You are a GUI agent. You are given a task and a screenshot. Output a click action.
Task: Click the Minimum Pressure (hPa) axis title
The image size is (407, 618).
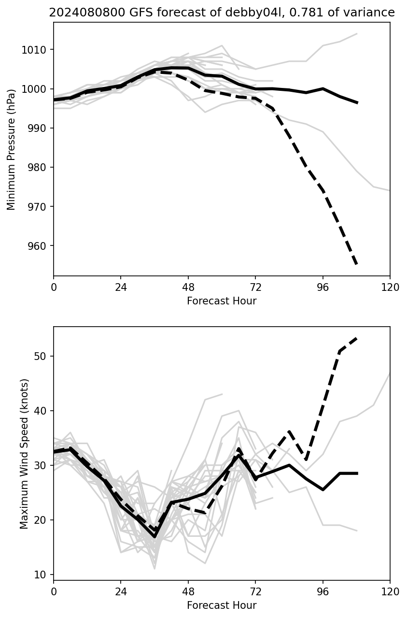pos(11,149)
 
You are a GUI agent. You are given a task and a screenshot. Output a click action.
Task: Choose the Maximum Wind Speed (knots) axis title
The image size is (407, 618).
pos(25,454)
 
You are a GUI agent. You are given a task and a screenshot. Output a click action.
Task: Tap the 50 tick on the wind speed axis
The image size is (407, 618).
pos(42,356)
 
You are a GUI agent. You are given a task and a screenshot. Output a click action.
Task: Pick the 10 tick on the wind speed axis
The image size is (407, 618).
pos(42,575)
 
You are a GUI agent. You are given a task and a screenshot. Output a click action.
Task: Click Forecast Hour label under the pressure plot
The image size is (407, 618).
pos(222,301)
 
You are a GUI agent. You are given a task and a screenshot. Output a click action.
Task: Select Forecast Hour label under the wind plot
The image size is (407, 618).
pos(222,605)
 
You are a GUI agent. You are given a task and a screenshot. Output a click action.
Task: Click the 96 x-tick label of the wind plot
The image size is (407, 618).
pos(323,592)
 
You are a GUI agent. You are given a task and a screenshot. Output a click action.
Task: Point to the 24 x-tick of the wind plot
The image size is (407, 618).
pos(121,592)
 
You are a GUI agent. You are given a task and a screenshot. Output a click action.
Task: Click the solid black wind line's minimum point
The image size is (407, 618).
pos(154,536)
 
